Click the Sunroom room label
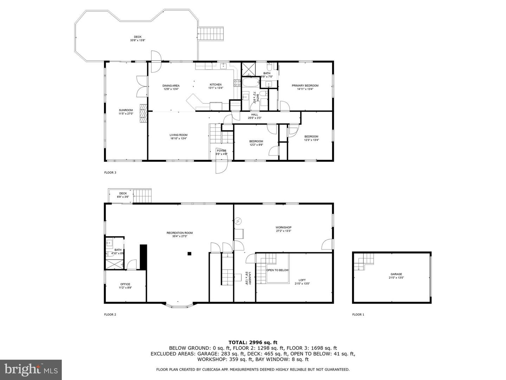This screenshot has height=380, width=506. [126, 110]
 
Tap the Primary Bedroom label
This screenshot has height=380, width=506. [305, 86]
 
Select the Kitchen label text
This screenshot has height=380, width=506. [215, 85]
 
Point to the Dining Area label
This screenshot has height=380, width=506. [171, 86]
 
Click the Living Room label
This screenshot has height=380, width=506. [179, 135]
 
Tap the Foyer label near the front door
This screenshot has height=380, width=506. [221, 151]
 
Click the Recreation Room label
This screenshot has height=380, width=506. [180, 233]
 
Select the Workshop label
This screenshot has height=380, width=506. [283, 228]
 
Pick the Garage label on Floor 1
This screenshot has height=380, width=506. [396, 274]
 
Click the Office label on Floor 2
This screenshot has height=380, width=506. [125, 284]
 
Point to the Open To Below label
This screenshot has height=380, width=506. [277, 270]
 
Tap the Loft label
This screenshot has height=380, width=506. [302, 280]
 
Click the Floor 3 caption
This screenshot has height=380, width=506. [110, 172]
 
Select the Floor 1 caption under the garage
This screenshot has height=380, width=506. [358, 315]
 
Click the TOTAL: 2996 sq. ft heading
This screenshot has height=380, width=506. [253, 342]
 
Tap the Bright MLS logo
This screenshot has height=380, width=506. [31, 369]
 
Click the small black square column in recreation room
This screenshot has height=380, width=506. [189, 253]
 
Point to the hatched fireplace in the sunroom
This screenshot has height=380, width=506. [143, 113]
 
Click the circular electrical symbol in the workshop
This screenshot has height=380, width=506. [239, 221]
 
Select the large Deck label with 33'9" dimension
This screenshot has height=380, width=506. [137, 37]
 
